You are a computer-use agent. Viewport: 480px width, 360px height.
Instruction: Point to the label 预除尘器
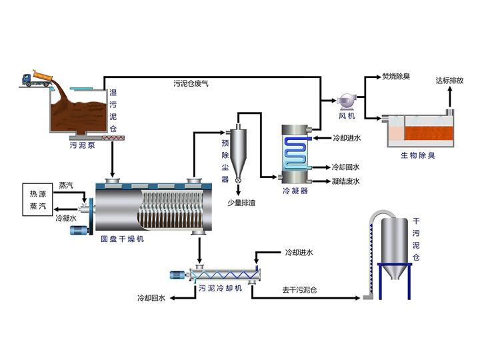(225, 161)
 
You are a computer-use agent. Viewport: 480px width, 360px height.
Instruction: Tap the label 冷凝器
(295, 191)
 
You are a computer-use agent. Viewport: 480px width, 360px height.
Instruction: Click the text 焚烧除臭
(396, 77)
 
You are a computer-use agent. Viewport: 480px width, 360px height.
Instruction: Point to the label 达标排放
(449, 81)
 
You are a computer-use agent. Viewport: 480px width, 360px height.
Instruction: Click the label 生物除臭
(417, 155)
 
